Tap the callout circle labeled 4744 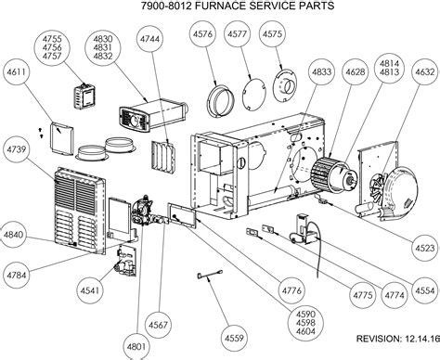click(149, 39)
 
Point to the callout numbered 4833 click(321, 72)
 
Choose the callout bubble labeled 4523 click(425, 248)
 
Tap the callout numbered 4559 click(234, 338)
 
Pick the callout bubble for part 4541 click(90, 290)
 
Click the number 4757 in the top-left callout click(52, 57)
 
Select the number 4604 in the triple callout click(305, 331)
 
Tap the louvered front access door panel click(80, 210)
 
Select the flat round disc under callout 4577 click(254, 93)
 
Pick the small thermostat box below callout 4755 click(84, 96)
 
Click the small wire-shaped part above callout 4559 click(210, 275)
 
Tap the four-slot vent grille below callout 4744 click(163, 158)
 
